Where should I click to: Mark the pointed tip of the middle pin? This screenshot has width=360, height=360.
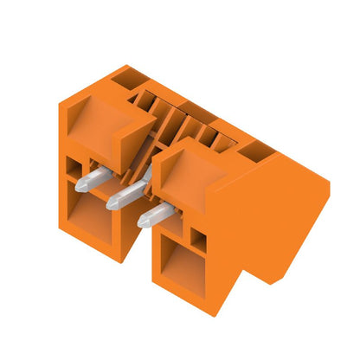[109, 205]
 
